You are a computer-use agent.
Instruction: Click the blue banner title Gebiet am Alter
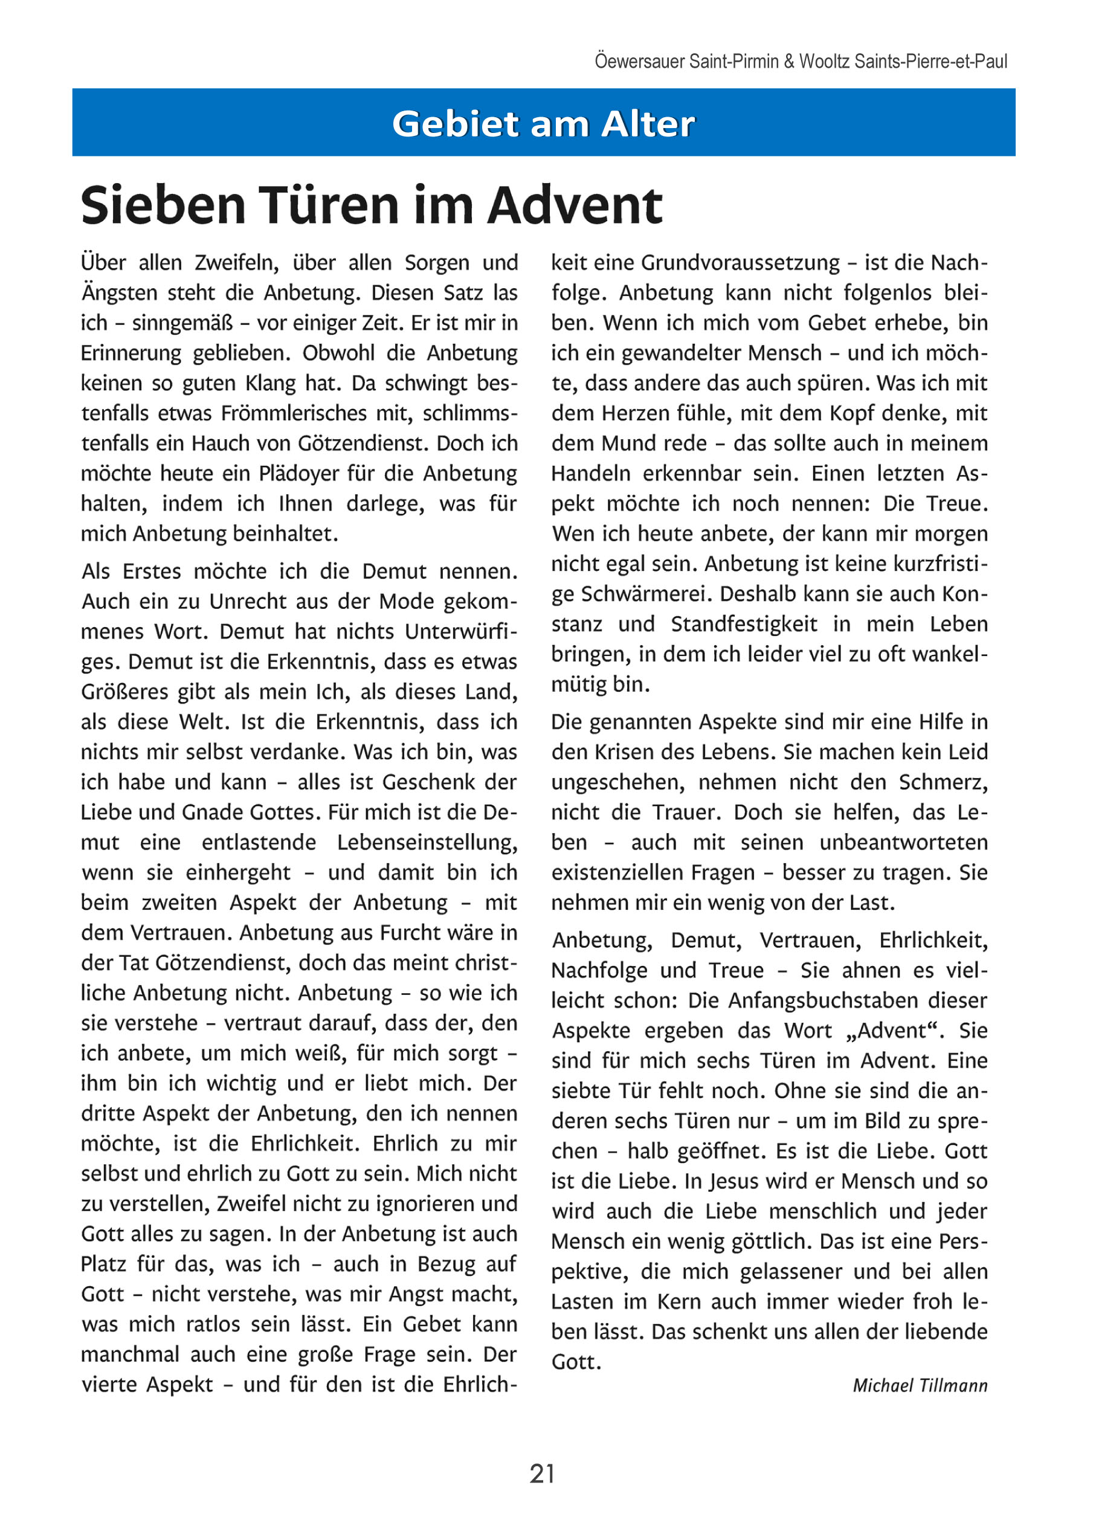543,124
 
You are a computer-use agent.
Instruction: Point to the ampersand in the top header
789,62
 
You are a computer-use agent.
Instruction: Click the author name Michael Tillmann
920,1385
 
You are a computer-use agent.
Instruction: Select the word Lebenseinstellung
427,842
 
